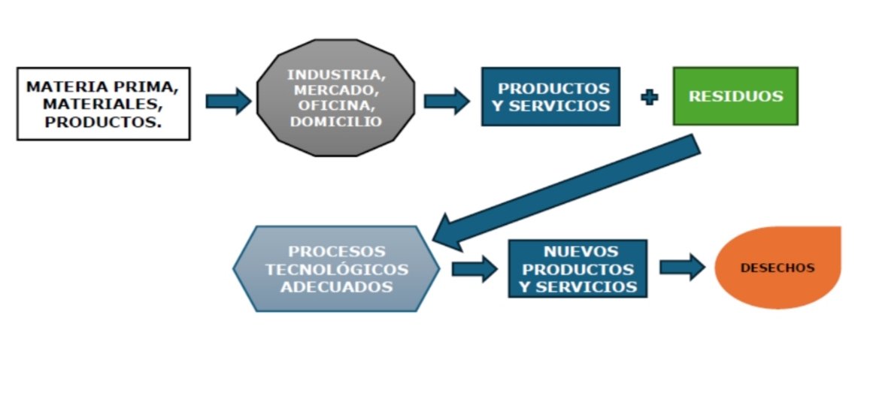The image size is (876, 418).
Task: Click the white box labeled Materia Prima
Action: [103, 103]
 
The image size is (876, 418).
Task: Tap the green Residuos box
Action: [735, 96]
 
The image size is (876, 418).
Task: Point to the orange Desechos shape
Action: [777, 267]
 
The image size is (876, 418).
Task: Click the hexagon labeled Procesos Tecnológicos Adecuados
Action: [336, 268]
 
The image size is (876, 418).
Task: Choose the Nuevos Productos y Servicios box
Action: [577, 268]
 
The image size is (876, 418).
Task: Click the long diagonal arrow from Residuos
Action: [571, 191]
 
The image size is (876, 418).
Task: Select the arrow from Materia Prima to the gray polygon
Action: [227, 101]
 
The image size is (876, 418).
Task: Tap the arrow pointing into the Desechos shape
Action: [682, 267]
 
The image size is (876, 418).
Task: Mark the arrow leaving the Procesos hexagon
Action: [474, 268]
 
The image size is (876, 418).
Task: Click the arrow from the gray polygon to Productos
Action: [446, 101]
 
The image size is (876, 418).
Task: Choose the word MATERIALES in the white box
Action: [103, 103]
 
